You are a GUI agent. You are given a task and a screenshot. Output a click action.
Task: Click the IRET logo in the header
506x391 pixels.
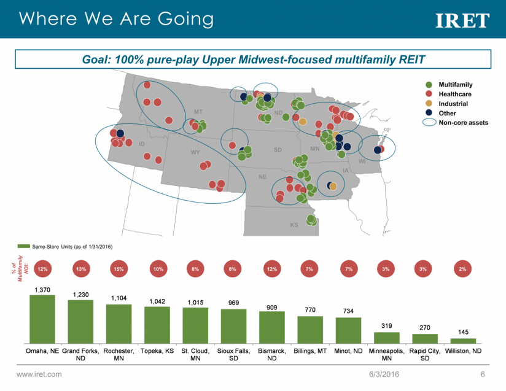(x=462, y=21)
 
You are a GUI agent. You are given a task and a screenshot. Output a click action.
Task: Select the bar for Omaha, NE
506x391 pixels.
(x=42, y=319)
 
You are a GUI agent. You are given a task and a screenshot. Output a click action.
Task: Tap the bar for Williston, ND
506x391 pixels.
(x=467, y=340)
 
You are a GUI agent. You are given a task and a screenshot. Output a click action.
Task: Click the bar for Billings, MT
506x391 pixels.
(x=310, y=329)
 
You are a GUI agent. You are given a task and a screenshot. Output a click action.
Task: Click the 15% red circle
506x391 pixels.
(x=119, y=269)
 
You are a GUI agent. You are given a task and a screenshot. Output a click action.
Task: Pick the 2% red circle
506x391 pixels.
(x=462, y=269)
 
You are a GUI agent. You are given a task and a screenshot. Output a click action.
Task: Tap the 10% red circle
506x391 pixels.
(x=158, y=269)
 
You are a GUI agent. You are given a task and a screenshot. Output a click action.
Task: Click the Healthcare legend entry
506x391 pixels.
(x=454, y=94)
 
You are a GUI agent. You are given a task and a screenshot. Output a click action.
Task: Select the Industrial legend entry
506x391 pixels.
(x=453, y=104)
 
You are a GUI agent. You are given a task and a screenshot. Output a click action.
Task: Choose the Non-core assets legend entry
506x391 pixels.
(x=462, y=123)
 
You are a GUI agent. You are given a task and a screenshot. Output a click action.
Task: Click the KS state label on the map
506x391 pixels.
(x=294, y=225)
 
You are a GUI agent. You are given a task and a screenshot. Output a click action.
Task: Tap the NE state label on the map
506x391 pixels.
(x=262, y=177)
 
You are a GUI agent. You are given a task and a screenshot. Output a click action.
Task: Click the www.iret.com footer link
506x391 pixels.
(x=39, y=374)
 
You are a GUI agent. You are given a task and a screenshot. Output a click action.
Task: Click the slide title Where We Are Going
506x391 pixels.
(x=117, y=19)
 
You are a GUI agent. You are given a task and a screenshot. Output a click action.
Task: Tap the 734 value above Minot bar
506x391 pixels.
(x=348, y=311)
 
